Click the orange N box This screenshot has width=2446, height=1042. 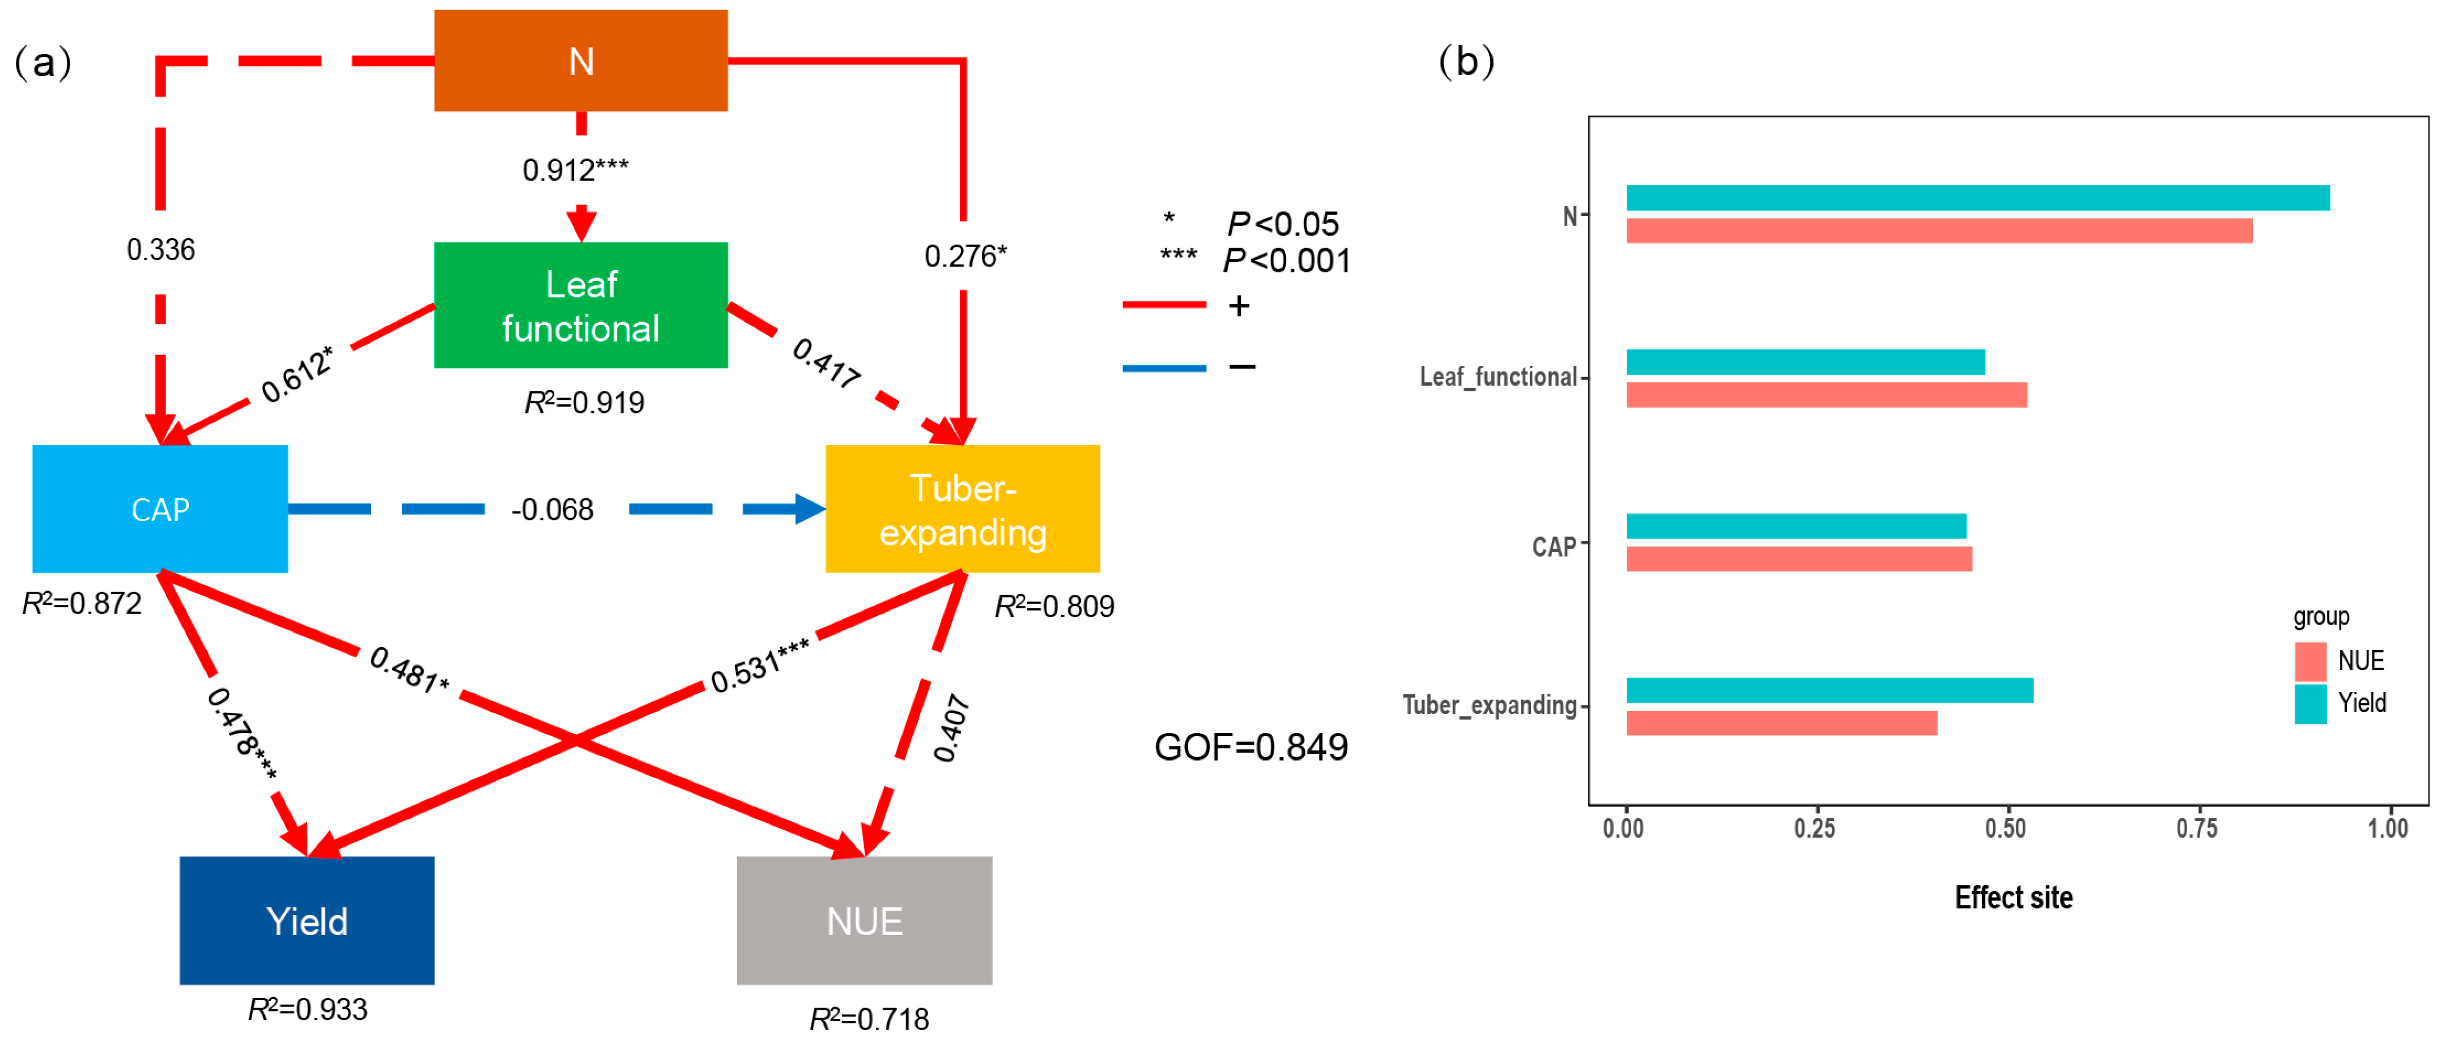click(x=581, y=61)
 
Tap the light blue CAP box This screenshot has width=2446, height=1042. click(x=160, y=509)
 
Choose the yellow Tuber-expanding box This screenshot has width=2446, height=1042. click(x=963, y=509)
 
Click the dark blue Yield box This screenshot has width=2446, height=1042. click(x=308, y=921)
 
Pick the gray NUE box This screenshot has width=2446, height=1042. click(x=865, y=921)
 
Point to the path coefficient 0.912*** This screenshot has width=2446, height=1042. click(x=576, y=170)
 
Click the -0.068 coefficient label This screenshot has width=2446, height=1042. click(x=552, y=510)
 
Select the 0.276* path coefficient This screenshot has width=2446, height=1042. click(x=965, y=255)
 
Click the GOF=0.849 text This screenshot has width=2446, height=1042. click(x=1250, y=747)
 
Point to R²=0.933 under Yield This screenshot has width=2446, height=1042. click(x=308, y=1009)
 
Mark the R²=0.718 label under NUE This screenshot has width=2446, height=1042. click(x=869, y=1018)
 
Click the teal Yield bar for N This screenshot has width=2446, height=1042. click(x=1978, y=198)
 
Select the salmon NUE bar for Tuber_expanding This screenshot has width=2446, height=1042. click(x=1781, y=723)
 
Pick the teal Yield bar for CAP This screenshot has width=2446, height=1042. click(x=1797, y=526)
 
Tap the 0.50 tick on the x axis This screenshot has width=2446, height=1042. click(x=2005, y=829)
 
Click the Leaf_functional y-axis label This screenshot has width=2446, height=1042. click(x=1498, y=377)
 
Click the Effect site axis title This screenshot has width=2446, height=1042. click(x=2013, y=897)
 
